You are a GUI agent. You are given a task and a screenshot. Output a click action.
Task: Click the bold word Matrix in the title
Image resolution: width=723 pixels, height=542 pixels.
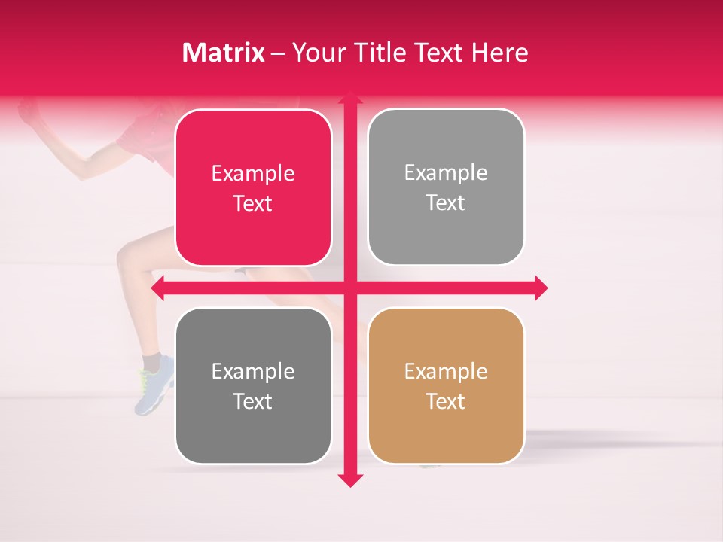click(224, 53)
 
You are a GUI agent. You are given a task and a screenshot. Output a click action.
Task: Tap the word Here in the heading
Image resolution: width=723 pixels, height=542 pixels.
click(499, 53)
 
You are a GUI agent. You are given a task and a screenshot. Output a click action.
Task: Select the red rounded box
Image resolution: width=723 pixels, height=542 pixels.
click(253, 188)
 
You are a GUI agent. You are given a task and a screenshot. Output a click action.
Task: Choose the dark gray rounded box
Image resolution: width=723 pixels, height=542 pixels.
click(253, 385)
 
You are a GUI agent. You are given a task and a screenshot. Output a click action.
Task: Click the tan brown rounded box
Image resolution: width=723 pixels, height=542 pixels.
click(446, 385)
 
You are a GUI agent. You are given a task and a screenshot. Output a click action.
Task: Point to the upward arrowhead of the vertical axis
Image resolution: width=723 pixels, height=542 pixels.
click(349, 99)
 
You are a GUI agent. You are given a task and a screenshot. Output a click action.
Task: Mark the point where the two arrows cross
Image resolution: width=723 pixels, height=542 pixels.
click(349, 288)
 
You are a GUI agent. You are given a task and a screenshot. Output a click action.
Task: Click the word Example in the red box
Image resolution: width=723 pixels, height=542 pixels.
click(253, 174)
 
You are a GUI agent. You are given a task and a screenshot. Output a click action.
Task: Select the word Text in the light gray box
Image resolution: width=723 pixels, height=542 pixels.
click(446, 203)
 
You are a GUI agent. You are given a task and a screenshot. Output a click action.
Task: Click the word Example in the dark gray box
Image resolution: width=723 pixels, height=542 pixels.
click(253, 371)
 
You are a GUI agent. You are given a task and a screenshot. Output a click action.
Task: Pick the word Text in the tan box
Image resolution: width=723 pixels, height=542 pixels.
click(446, 402)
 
